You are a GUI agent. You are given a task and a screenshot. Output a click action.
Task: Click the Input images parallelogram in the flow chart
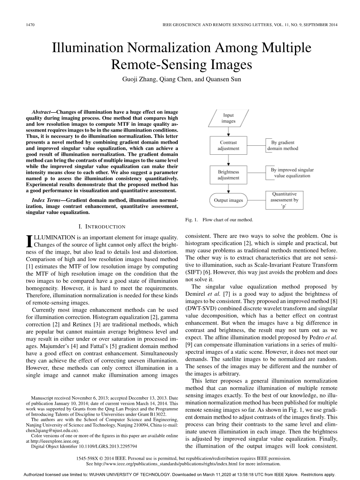coord(228,118)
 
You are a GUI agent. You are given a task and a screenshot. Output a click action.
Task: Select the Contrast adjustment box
coord(228,145)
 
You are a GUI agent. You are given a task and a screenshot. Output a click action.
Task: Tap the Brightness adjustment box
coord(228,175)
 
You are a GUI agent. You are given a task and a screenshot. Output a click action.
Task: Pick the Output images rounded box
coord(228,200)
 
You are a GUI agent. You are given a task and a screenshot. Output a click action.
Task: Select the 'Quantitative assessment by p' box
coord(284,200)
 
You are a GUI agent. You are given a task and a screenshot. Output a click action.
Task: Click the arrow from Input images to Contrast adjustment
coord(228,131)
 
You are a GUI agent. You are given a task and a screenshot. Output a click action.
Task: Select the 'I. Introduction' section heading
coord(102,226)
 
